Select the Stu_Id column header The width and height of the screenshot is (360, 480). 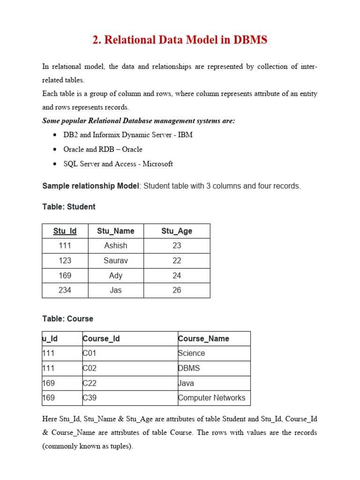click(65, 231)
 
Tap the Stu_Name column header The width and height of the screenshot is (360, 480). click(115, 231)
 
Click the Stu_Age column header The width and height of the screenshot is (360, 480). click(177, 231)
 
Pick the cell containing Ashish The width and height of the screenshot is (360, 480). click(115, 246)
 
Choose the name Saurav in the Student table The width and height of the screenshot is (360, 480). click(115, 261)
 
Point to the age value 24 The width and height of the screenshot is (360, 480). click(177, 276)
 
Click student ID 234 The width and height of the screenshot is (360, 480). click(65, 290)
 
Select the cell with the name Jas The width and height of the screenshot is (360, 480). click(115, 290)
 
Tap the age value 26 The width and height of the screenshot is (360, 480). click(177, 290)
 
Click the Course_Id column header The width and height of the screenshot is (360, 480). click(101, 338)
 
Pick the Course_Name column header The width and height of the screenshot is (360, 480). click(203, 338)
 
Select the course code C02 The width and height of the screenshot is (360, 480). click(90, 368)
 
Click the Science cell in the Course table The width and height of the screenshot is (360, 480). click(191, 353)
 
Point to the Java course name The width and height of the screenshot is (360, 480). click(186, 383)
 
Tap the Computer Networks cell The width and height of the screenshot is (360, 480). click(211, 398)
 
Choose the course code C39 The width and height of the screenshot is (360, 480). click(90, 398)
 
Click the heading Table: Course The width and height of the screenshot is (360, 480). click(67, 319)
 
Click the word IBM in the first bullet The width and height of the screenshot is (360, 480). click(185, 135)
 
